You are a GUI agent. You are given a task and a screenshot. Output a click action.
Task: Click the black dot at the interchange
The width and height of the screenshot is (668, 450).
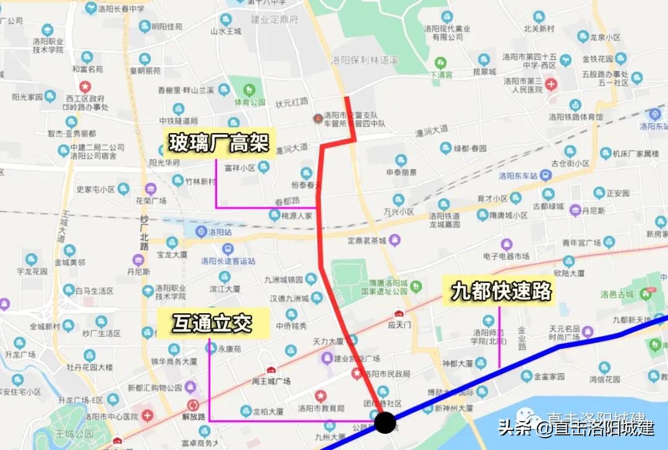pos(385,423)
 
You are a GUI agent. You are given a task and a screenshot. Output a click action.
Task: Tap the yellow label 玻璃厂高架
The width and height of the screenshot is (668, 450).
pos(220,144)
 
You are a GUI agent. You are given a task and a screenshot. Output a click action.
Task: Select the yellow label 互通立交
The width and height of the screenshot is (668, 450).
pos(212,324)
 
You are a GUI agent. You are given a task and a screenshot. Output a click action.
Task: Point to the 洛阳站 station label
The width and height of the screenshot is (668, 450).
pos(218,232)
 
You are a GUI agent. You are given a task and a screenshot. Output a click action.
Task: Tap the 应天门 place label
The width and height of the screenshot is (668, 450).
pos(400,322)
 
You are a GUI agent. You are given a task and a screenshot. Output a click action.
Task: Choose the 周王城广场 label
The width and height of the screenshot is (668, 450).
pos(271,381)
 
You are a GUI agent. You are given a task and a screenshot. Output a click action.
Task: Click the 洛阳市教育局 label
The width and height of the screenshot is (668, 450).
pos(320,409)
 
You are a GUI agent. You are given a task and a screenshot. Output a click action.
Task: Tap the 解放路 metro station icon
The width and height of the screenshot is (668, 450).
pos(193,405)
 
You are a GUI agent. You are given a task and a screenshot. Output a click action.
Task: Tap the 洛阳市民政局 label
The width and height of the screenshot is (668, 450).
pos(387,373)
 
